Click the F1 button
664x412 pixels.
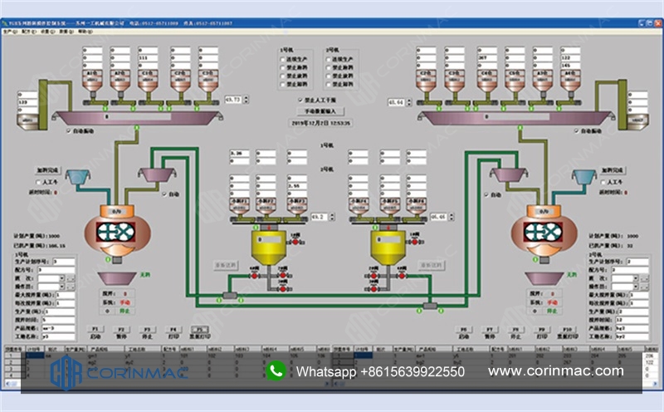96,331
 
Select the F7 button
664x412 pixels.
491,331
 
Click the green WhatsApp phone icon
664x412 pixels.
276,371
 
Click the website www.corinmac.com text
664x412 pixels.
555,371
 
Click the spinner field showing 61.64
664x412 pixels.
398,102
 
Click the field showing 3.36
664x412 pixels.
239,154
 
